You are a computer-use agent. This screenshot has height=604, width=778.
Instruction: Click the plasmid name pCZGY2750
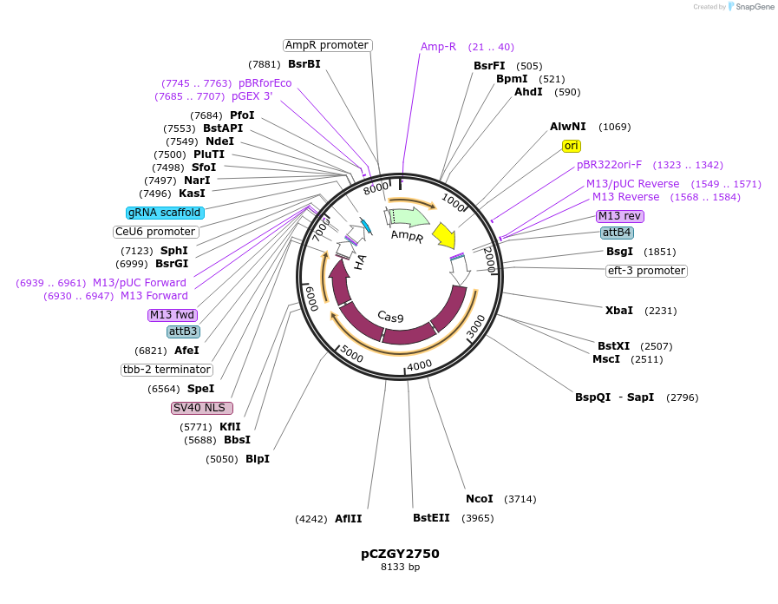[x=400, y=554]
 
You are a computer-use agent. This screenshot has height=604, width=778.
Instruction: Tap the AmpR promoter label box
[x=328, y=45]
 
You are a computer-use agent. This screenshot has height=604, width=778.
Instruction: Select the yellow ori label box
[x=572, y=146]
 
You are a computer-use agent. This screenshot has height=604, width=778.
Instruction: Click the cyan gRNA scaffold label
[x=165, y=213]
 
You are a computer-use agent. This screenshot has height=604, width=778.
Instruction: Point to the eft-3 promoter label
[x=646, y=271]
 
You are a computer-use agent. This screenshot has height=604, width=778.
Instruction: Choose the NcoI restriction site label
[x=479, y=499]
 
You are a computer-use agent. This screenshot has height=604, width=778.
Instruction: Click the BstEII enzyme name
[x=431, y=518]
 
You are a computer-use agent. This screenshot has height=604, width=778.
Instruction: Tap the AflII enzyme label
[x=348, y=519]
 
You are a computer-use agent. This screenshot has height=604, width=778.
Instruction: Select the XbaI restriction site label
[x=619, y=311]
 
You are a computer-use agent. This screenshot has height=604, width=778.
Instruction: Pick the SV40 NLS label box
[x=202, y=408]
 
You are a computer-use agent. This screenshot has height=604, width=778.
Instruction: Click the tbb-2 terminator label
[x=167, y=370]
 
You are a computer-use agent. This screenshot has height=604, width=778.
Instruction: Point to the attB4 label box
[x=617, y=233]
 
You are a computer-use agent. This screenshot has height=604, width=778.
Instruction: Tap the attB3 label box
[x=183, y=332]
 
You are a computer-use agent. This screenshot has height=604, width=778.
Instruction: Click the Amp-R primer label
[x=438, y=47]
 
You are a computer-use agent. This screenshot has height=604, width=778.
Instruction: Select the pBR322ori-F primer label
[x=609, y=165]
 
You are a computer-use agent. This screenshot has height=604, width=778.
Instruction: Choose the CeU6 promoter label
[x=156, y=232]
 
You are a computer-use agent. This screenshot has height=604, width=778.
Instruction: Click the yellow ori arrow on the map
[x=443, y=235]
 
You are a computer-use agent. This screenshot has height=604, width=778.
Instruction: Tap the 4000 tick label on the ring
[x=418, y=365]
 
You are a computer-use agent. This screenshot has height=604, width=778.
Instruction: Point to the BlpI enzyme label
[x=257, y=459]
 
